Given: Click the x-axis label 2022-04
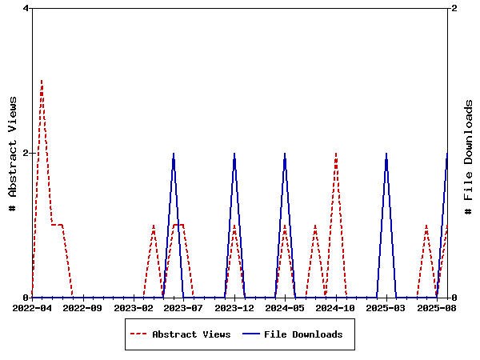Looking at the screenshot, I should click(32, 307).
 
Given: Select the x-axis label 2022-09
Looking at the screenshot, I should click(82, 307).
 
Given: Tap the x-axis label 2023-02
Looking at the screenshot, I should click(133, 307).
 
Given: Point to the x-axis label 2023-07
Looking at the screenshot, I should click(184, 307).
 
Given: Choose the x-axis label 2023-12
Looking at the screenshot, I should click(234, 307).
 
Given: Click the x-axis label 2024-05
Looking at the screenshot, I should click(285, 307).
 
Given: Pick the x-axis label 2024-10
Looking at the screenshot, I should click(336, 307).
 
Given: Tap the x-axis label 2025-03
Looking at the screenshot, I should click(386, 307).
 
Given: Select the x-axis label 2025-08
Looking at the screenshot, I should click(437, 307).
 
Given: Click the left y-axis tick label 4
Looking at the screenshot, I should click(26, 8).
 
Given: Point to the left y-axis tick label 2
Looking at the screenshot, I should click(26, 153).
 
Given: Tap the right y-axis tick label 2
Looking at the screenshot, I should click(454, 8).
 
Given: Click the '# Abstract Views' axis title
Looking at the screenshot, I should click(12, 153).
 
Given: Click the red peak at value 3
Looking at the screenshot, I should click(42, 81).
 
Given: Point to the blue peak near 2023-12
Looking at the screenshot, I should click(234, 154).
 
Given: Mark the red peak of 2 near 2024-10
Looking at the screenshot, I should click(336, 154).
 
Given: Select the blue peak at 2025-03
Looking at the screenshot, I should click(386, 154).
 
